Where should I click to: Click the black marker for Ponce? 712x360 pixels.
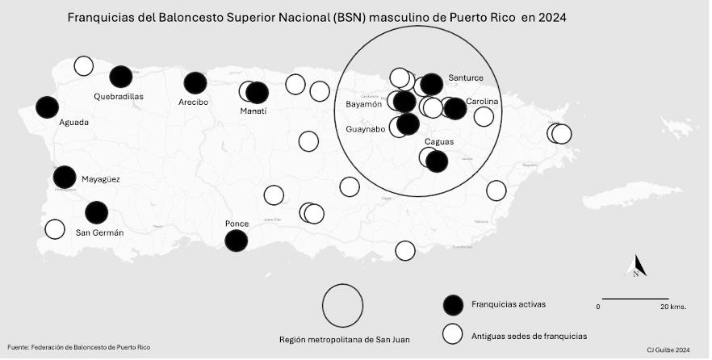coord(236,240)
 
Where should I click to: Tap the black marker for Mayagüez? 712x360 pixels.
coord(65,177)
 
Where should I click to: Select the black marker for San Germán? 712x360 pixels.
coord(96,212)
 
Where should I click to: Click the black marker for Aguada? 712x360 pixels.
coord(47,107)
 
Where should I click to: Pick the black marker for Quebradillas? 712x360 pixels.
coord(121,77)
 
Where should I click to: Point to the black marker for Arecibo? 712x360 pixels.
coord(195,82)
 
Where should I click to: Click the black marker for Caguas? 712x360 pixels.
coord(437,161)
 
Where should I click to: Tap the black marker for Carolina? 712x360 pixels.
coord(455,108)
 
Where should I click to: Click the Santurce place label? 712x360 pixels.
coord(466,77)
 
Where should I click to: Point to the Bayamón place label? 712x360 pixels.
coord(364,104)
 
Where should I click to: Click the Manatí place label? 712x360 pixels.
coord(253,111)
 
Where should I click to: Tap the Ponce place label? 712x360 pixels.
coord(237,223)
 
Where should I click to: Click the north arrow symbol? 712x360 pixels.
coord(637,266)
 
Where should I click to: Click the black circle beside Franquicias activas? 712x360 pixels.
coord(454,304)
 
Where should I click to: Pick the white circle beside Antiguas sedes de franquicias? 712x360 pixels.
coord(454,333)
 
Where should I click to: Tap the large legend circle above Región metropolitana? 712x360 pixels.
coord(343,306)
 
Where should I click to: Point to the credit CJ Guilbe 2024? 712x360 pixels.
coord(668,350)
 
